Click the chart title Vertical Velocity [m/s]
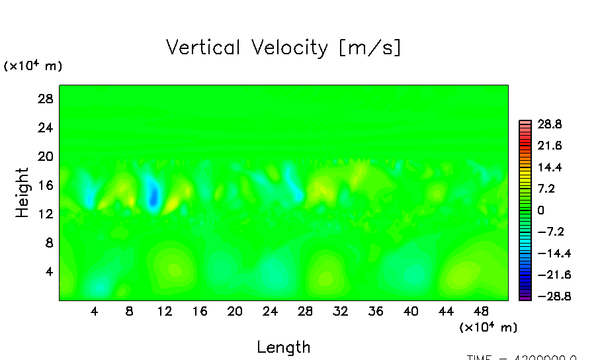coord(283,48)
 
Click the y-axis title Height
coord(23,193)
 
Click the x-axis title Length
coord(283,347)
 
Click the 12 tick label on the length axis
coord(165,311)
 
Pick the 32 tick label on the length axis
coord(341,311)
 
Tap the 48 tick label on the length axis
coord(482,311)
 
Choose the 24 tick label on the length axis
coord(270,311)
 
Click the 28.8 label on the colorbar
coord(550,124)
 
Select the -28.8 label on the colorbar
coord(547,296)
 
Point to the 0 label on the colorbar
coord(540,210)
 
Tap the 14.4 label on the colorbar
coord(550,167)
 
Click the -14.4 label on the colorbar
coord(547,253)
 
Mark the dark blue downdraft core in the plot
coord(153,197)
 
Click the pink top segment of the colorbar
coord(525,123)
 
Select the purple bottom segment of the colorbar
coord(525,298)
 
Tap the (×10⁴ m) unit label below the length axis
coord(488,327)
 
